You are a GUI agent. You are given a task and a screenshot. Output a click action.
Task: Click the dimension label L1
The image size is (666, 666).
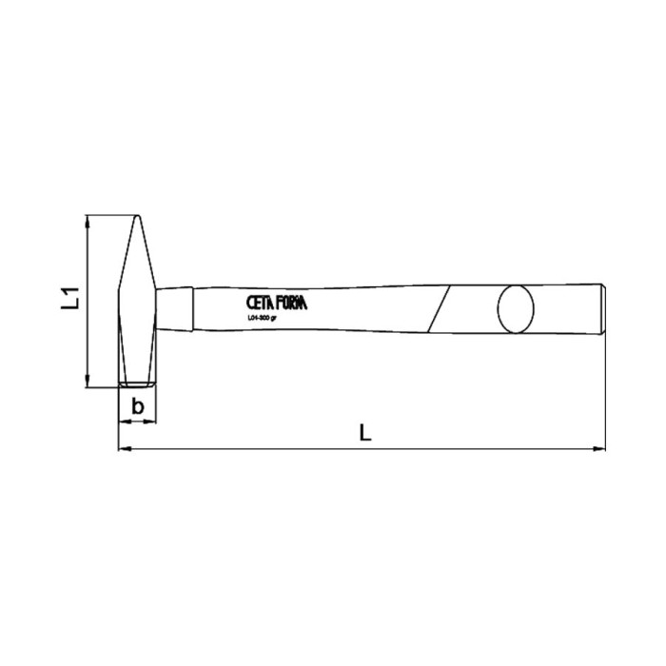(x=69, y=301)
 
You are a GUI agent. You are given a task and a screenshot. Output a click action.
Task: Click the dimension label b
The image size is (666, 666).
(x=138, y=406)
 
